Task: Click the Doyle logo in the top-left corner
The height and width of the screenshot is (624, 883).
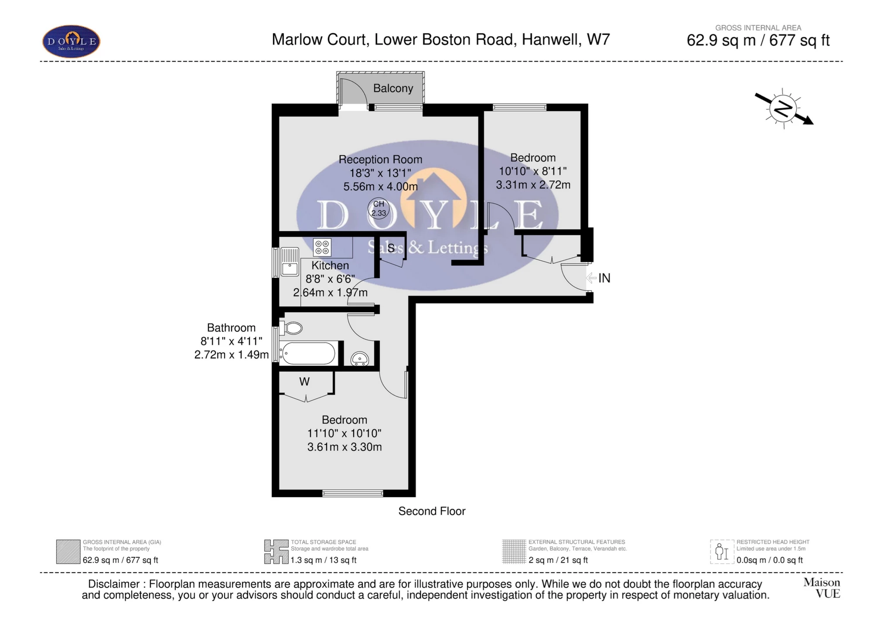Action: point(71,42)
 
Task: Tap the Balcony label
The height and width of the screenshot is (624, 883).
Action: point(393,89)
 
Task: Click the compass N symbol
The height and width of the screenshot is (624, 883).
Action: point(783,109)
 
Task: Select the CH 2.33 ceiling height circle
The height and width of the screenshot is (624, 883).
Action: point(378,208)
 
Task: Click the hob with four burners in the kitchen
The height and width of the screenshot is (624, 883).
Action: point(322,247)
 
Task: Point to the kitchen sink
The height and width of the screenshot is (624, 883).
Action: point(290,262)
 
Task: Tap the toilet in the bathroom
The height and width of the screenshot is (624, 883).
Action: point(291,328)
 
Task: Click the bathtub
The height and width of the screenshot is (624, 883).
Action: point(307,353)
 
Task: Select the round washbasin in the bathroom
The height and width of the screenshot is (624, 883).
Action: point(360,359)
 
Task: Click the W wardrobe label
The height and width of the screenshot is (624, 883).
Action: point(304,382)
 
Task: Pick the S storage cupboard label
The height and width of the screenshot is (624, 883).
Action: point(391,249)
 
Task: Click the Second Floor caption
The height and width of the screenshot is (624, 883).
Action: point(432,511)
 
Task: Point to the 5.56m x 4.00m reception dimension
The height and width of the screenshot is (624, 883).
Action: point(380,187)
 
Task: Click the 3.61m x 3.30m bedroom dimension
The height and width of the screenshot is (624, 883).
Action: point(344,447)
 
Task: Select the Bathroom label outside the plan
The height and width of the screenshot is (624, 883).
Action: point(231,328)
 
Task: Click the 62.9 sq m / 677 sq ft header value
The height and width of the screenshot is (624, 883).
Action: point(758,41)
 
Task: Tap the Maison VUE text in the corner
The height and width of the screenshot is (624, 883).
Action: point(822,588)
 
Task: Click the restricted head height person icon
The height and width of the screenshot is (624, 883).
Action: point(722,552)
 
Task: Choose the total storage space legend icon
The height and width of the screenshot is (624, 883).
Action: point(276,552)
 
